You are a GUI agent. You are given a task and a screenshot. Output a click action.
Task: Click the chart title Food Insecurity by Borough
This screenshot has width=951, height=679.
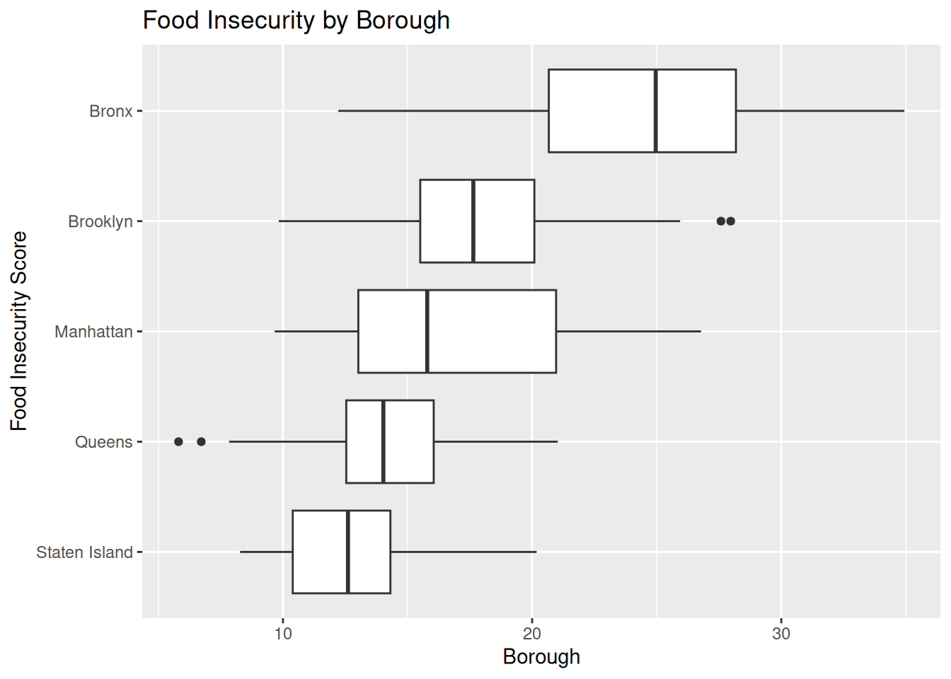coord(296,21)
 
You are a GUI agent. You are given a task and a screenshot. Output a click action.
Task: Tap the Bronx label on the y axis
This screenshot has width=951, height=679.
coord(111,111)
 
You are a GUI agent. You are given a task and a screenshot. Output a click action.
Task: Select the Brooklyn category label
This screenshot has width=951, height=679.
coord(100,221)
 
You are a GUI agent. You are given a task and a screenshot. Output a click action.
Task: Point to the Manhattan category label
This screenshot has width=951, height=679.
coord(93,332)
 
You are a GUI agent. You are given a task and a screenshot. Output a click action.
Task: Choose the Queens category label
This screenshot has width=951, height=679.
coord(103,442)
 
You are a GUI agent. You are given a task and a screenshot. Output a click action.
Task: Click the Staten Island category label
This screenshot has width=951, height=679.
coord(84,552)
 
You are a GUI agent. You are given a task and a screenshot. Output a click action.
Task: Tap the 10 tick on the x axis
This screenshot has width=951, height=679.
coord(283,634)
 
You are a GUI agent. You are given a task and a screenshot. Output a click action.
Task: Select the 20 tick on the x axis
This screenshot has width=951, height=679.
coord(532,634)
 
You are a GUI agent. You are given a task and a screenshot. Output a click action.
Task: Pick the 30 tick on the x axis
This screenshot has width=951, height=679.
coord(781,634)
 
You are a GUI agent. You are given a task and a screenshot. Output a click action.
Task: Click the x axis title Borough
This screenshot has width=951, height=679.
coord(541,657)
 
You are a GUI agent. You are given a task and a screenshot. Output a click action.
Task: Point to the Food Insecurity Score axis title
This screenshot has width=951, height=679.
coord(18,332)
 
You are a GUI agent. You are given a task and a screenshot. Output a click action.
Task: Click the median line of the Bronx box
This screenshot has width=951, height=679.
coord(656,111)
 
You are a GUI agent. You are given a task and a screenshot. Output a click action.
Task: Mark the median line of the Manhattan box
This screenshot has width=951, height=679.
coord(427,332)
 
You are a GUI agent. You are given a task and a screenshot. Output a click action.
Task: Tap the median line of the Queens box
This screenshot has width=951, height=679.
coord(384,442)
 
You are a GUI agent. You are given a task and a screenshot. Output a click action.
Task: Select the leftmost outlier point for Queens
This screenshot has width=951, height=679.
coord(179,442)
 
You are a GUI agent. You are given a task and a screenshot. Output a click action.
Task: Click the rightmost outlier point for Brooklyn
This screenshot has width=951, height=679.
coord(730,221)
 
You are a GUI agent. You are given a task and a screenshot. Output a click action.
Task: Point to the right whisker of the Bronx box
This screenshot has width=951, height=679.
coord(820,111)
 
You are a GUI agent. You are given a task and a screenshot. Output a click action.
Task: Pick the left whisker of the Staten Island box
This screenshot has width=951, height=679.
coord(266,552)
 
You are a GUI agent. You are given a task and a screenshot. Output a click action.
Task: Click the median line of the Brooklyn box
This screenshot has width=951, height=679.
coord(473,221)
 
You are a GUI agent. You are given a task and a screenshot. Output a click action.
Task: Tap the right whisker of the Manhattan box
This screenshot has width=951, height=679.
coord(629,332)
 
